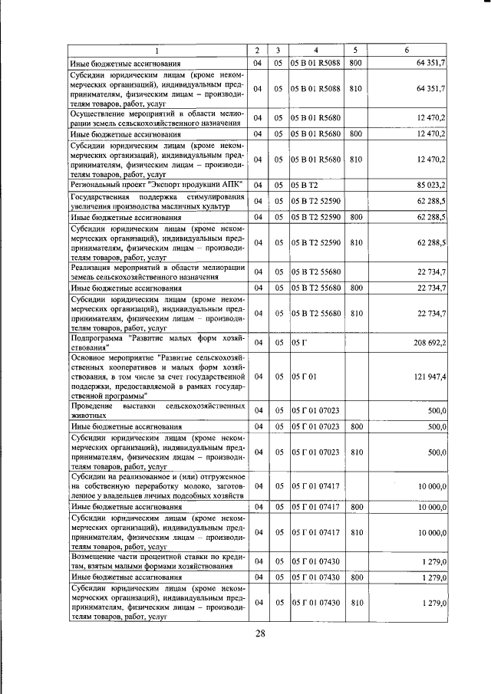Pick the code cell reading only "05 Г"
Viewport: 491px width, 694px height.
298,342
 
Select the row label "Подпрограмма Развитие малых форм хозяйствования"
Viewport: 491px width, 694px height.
158,342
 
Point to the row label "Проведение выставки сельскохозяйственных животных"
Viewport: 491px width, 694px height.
158,410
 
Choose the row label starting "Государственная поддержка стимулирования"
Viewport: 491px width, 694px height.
158,202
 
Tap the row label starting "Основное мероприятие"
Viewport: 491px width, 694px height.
158,377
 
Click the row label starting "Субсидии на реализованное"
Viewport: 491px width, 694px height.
158,485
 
